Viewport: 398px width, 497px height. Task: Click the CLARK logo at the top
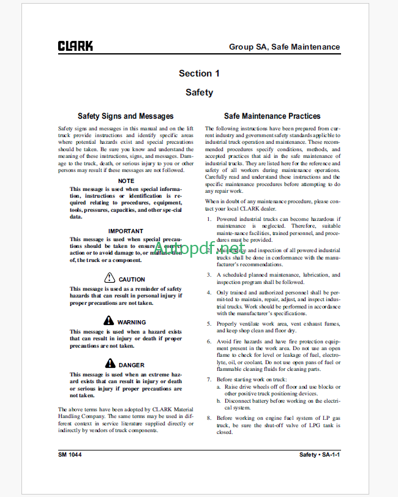tap(76, 46)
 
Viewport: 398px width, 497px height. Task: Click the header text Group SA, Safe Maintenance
tap(284, 47)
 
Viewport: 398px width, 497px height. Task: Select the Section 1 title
tap(199, 73)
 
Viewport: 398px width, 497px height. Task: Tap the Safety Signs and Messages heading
tap(126, 116)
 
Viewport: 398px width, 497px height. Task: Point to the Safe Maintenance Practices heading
tap(272, 116)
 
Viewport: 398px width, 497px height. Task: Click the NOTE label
tap(126, 181)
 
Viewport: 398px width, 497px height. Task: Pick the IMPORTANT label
tap(126, 231)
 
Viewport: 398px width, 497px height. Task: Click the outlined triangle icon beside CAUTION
tap(110, 278)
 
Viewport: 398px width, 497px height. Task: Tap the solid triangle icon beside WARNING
tap(108, 321)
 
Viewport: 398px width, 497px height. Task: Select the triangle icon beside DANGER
tap(110, 364)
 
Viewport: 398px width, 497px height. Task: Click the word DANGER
tap(132, 365)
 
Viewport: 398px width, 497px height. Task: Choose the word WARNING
tap(132, 322)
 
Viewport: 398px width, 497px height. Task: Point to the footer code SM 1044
tap(70, 455)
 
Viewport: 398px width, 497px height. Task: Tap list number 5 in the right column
tap(209, 323)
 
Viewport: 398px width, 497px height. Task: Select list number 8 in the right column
tap(209, 417)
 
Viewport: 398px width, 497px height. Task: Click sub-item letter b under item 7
tap(219, 400)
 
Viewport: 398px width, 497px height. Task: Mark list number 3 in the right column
tap(209, 275)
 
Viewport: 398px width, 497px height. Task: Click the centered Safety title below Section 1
tap(199, 92)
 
